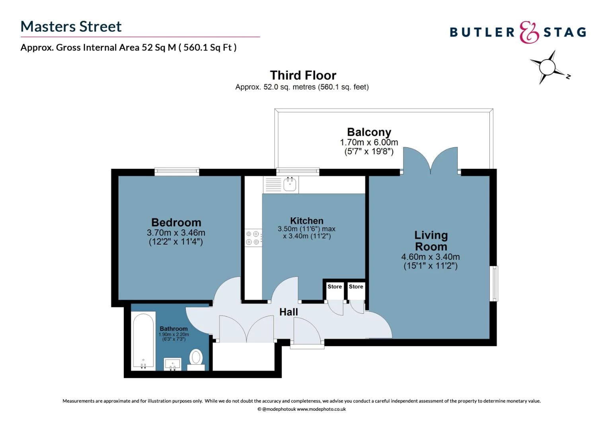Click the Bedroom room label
tap(176, 222)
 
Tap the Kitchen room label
tap(306, 221)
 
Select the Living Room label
tap(431, 241)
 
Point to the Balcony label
tap(369, 132)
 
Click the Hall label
tap(288, 312)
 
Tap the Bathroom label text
tap(173, 329)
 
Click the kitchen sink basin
tap(290, 184)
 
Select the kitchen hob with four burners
tap(253, 238)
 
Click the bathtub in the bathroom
tap(143, 341)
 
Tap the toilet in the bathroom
tap(196, 358)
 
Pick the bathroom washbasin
tap(173, 363)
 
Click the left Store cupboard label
tap(335, 286)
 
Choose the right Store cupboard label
tap(356, 286)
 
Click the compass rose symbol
tap(548, 67)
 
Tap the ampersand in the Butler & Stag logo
tap(529, 33)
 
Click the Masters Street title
tap(71, 27)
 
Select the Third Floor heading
tap(303, 75)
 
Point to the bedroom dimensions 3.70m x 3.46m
tap(176, 233)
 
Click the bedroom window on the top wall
tap(177, 172)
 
